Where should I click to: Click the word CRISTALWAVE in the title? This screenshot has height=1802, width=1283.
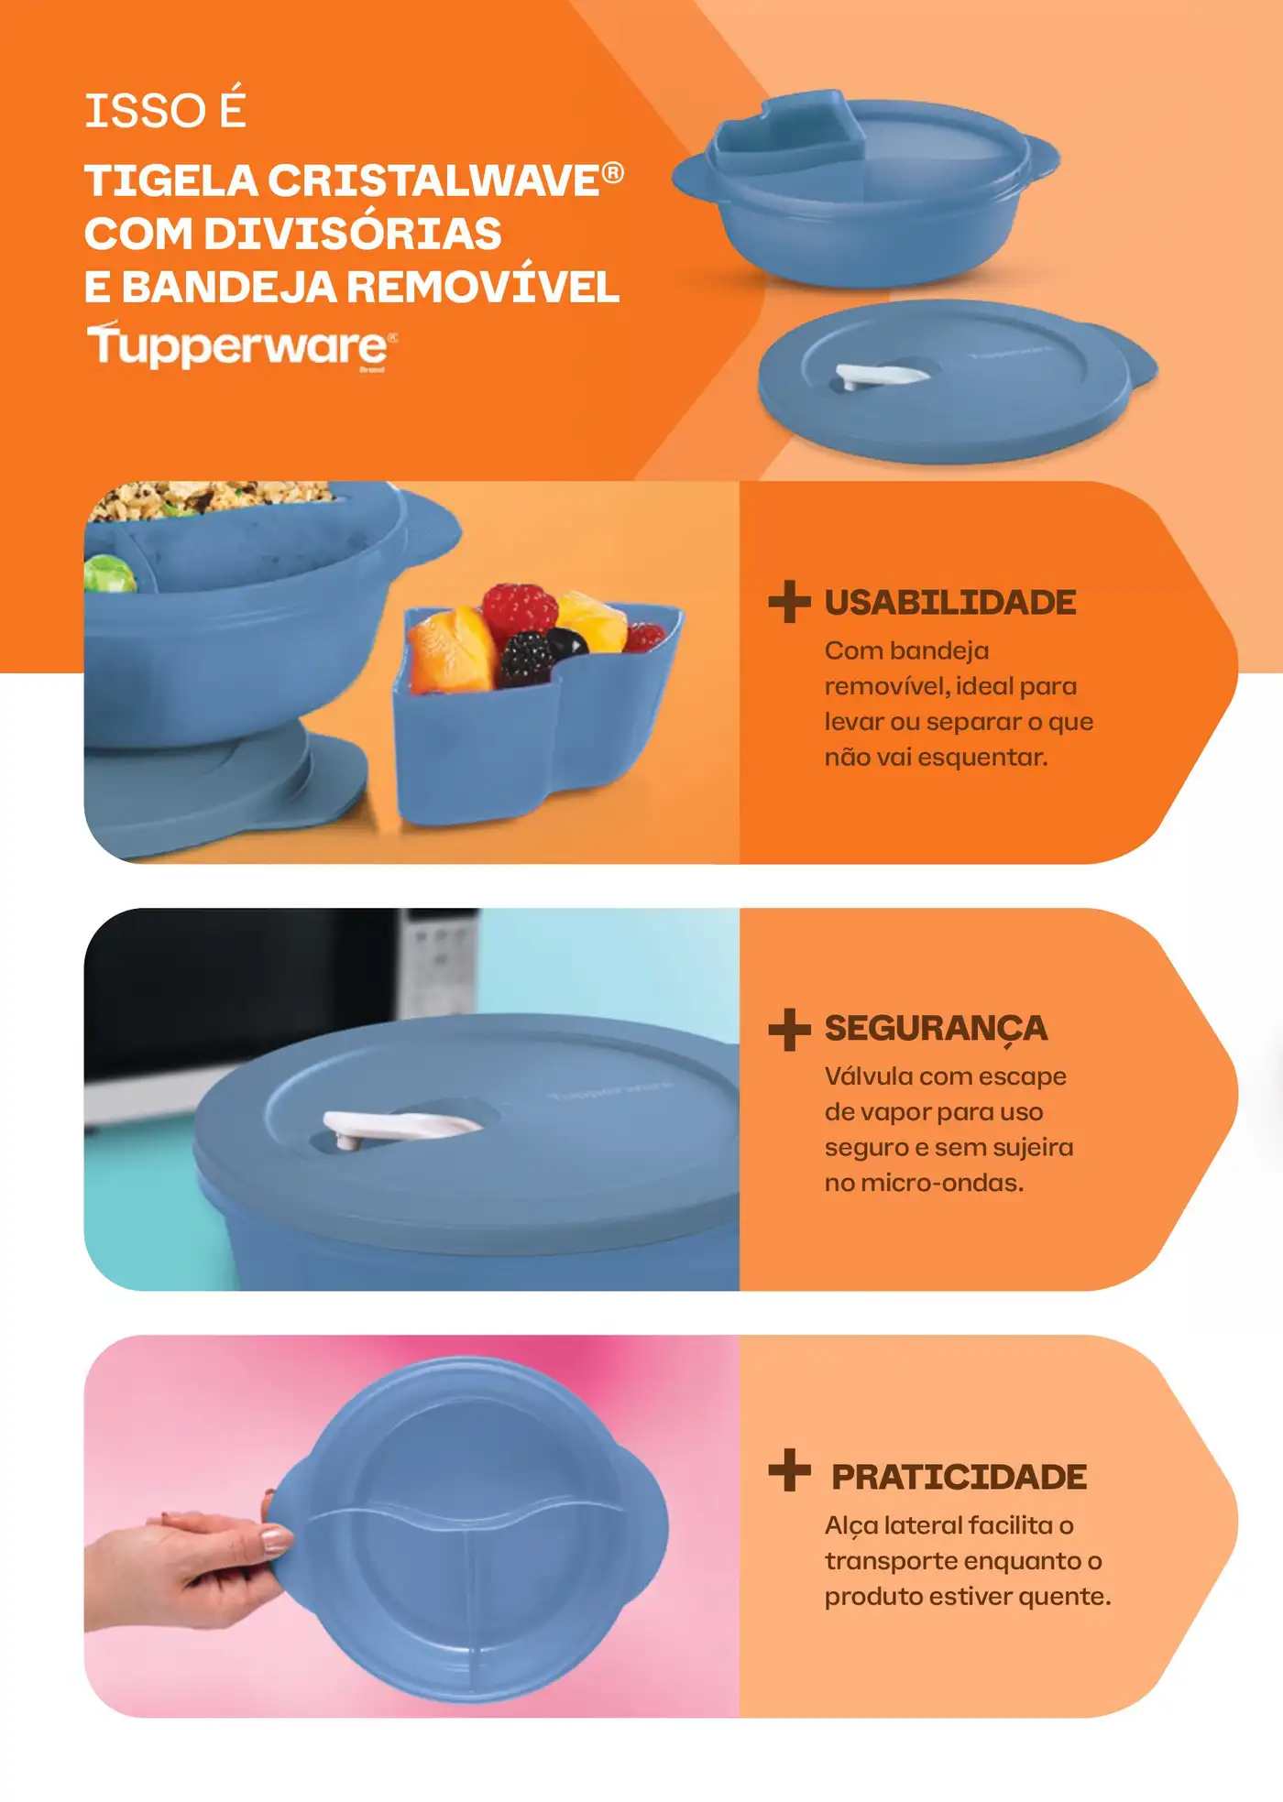[x=433, y=180]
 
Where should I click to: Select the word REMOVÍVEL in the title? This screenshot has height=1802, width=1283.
[x=484, y=287]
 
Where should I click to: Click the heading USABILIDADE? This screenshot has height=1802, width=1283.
[x=950, y=602]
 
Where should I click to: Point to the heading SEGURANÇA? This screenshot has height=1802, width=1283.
[x=936, y=1029]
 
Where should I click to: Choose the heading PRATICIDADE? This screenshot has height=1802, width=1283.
[x=959, y=1477]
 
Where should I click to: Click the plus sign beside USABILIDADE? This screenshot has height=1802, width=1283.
[x=789, y=601]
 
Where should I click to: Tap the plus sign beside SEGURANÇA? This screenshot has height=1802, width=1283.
[x=789, y=1029]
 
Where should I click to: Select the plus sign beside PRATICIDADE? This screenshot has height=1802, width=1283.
[x=789, y=1469]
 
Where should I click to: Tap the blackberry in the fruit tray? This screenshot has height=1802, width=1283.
[x=528, y=657]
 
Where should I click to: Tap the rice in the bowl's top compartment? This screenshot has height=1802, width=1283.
[x=215, y=499]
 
